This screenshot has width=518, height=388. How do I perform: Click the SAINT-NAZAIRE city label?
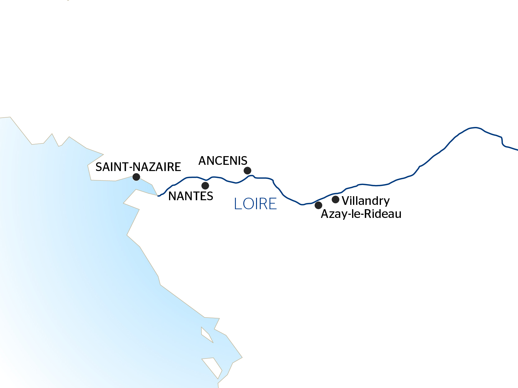[x=138, y=167]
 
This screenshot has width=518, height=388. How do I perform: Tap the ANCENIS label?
[x=223, y=161]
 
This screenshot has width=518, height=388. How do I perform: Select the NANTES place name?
[x=190, y=196]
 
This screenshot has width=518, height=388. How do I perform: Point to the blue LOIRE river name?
[x=255, y=204]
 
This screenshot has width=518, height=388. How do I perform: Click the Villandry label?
[x=366, y=201]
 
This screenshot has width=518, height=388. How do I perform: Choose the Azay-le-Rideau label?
[x=361, y=214]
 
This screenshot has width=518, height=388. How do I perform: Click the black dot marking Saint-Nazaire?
[x=136, y=177]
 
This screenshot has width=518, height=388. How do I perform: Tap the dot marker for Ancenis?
[x=247, y=170]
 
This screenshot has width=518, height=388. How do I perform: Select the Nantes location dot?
[x=205, y=186]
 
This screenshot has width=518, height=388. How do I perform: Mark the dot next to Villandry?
[x=335, y=199]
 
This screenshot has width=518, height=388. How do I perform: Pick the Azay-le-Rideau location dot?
[x=318, y=205]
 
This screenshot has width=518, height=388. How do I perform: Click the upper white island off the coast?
[x=206, y=335]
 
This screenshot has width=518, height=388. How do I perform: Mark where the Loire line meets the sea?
[x=158, y=196]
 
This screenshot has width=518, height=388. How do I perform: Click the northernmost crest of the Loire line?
[x=475, y=128]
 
